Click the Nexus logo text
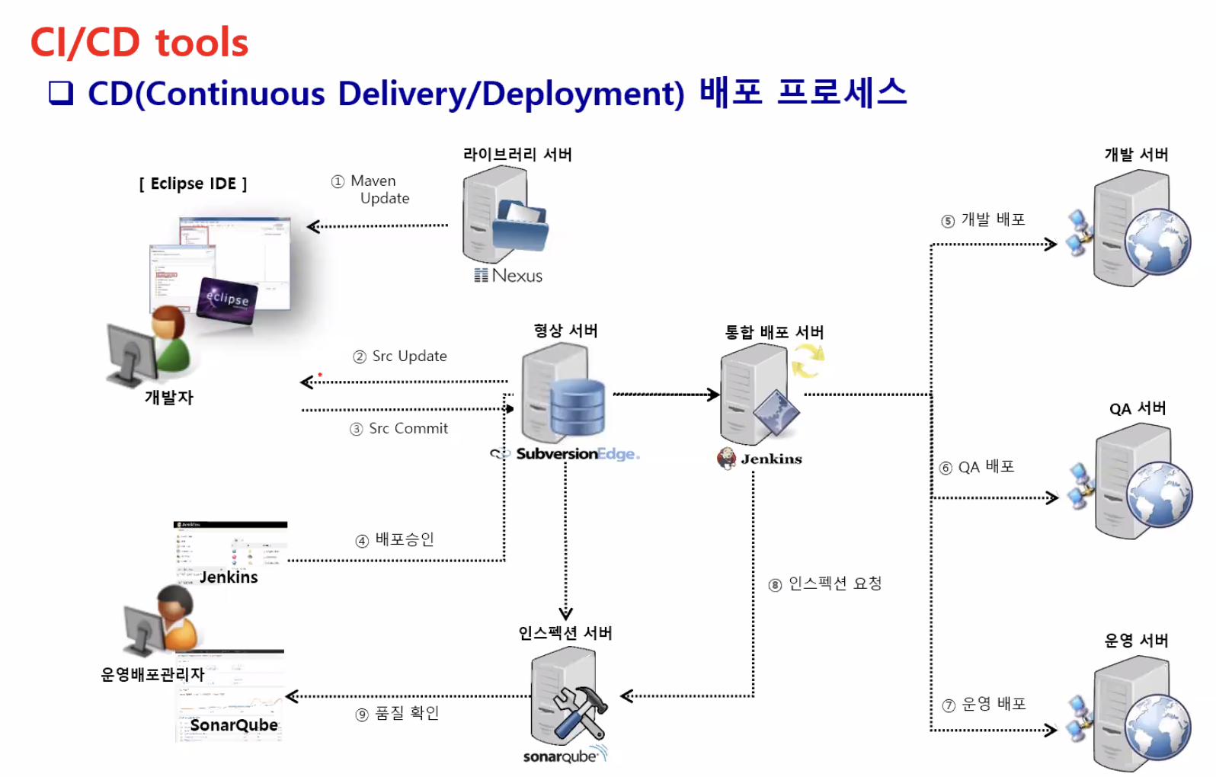509,276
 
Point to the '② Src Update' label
400,357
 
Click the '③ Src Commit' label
399,429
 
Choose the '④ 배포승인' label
395,539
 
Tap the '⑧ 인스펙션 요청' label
825,584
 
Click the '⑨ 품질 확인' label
397,713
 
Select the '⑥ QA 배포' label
977,467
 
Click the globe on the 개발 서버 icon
1158,241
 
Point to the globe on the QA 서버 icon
1160,494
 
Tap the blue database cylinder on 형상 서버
578,409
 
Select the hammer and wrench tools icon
580,711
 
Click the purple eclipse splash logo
227,299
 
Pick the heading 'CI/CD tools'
139,43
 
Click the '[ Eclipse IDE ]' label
193,184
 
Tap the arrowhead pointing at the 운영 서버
1051,730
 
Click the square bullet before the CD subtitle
61,93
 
